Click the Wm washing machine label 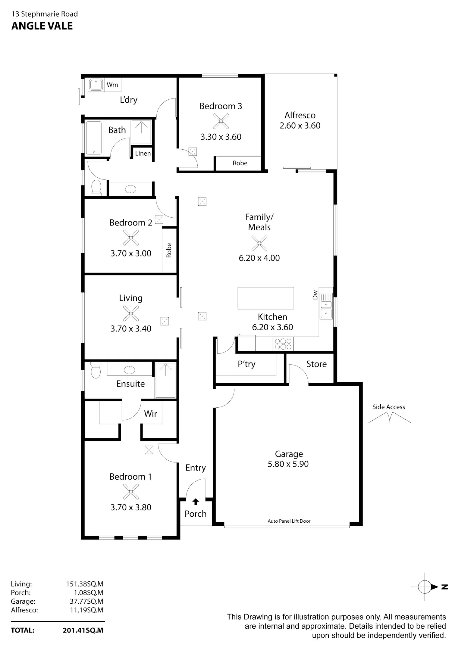point(112,85)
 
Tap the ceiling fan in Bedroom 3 point(221,121)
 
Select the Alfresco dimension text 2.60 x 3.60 point(300,126)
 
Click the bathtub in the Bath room point(94,138)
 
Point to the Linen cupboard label point(143,154)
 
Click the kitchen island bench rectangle point(265,298)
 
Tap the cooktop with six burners point(283,344)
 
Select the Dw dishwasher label point(315,295)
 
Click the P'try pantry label point(246,364)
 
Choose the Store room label point(316,364)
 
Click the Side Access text point(389,407)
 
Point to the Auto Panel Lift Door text point(289,521)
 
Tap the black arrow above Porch point(196,502)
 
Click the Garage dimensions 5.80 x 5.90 point(288,464)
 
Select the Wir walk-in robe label point(150,414)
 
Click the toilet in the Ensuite point(96,370)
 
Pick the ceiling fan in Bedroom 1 point(131,492)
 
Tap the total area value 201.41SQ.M point(83,630)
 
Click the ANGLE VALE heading point(42,26)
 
